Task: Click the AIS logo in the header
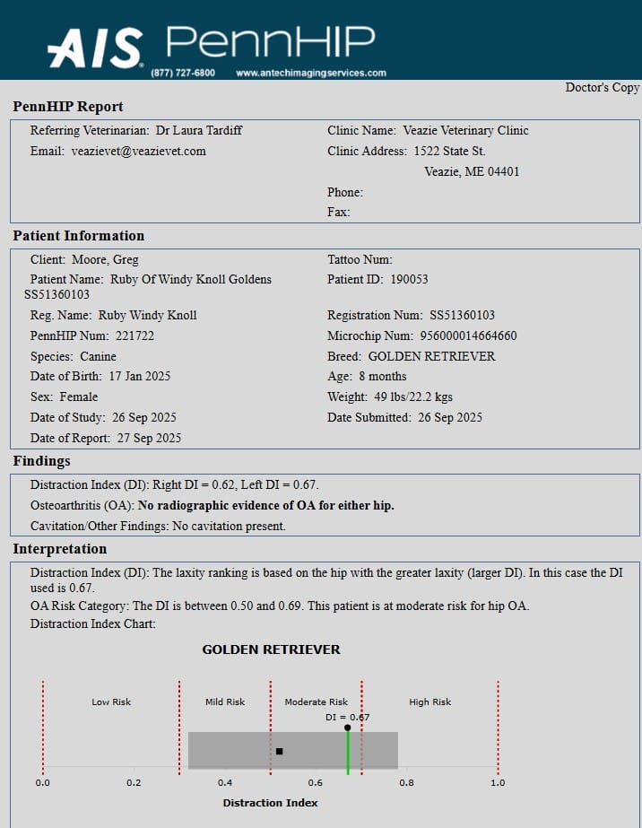click(95, 47)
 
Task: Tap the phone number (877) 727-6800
click(183, 73)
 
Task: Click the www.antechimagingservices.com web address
click(311, 73)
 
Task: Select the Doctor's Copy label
click(602, 87)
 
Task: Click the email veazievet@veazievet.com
click(139, 151)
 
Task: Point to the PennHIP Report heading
click(68, 107)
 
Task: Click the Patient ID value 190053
click(409, 279)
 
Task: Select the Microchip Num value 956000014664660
click(468, 336)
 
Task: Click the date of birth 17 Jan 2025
click(140, 376)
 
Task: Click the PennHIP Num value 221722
click(134, 336)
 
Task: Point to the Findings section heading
click(41, 461)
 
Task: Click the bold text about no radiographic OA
click(266, 505)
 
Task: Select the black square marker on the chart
click(279, 751)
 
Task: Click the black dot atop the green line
click(348, 728)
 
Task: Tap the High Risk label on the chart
click(430, 702)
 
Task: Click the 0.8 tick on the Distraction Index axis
click(407, 782)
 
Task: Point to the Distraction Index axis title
click(270, 803)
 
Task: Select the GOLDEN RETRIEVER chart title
click(271, 649)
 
